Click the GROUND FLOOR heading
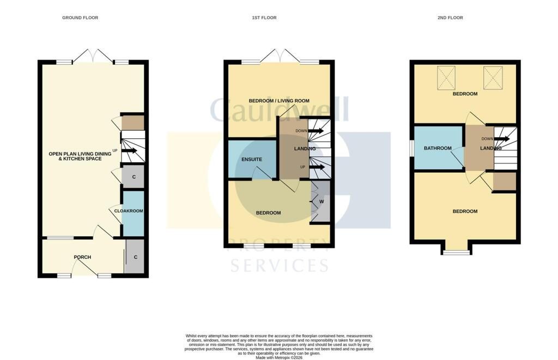(x=80, y=17)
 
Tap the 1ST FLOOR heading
(x=264, y=17)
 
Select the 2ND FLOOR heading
(x=450, y=17)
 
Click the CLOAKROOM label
(x=129, y=211)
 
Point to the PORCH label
(x=82, y=257)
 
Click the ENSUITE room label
(x=252, y=160)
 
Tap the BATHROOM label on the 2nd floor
(x=438, y=148)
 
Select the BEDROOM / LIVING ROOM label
(x=279, y=101)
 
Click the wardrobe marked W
(x=321, y=202)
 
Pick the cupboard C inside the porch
(x=135, y=257)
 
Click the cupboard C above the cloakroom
(x=134, y=177)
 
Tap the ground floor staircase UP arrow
(x=129, y=151)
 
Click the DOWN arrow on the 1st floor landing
(x=316, y=131)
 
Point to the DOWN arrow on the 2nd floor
(x=502, y=139)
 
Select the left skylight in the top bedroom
(x=446, y=78)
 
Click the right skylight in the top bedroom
(x=493, y=78)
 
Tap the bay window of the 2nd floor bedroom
(x=457, y=253)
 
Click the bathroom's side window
(x=412, y=148)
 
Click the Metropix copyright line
(x=279, y=357)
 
